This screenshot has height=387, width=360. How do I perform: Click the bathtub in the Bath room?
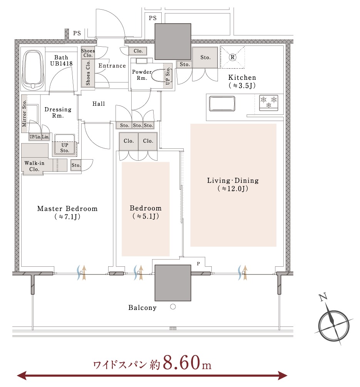[33, 70]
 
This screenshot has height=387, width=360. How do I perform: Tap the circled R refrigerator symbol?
[232, 57]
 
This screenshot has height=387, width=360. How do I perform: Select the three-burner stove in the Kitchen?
[268, 103]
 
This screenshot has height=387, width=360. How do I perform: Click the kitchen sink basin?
[222, 104]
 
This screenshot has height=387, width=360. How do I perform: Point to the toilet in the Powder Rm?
[158, 76]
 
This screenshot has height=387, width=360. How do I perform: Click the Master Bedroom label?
[67, 209]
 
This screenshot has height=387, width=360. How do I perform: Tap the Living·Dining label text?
[233, 181]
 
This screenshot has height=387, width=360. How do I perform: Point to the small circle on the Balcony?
[173, 307]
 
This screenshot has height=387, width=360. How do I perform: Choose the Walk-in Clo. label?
[34, 166]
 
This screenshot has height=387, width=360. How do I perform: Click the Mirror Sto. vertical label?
[24, 113]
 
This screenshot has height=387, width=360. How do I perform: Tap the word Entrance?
[112, 66]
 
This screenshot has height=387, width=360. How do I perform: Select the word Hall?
[99, 104]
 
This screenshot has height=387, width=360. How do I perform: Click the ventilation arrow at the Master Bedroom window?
[84, 273]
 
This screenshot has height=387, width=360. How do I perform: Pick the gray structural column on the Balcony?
[173, 283]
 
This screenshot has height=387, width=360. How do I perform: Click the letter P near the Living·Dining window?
[198, 264]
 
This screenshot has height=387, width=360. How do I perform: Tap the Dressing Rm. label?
[58, 112]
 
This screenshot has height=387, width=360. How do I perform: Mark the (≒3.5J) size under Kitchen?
[242, 86]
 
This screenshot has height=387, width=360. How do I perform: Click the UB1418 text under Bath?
[61, 64]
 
